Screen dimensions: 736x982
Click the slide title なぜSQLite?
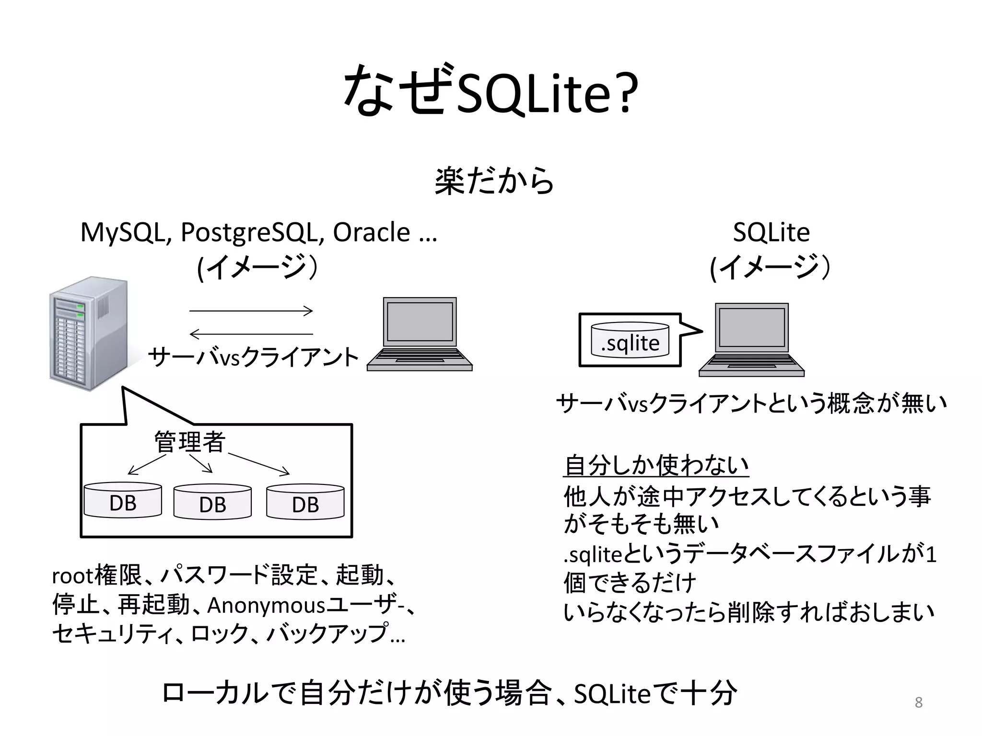(x=491, y=91)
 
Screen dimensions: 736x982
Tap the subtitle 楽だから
(x=494, y=181)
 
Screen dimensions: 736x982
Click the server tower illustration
(x=89, y=334)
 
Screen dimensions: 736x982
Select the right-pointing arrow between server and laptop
(x=251, y=311)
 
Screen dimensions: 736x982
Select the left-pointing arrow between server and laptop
(x=251, y=334)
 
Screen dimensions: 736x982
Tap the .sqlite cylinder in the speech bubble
(x=630, y=340)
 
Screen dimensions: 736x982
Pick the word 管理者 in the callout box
(x=189, y=441)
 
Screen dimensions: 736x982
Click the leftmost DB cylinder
(x=123, y=501)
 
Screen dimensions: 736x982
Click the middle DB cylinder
(x=212, y=502)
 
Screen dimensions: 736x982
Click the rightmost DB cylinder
(x=305, y=502)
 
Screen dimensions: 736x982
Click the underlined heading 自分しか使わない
(x=656, y=465)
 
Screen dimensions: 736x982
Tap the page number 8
(x=918, y=702)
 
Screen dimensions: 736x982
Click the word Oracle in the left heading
(x=371, y=233)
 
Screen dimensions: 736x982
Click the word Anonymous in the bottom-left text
(x=266, y=605)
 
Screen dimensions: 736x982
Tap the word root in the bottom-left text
(x=72, y=576)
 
